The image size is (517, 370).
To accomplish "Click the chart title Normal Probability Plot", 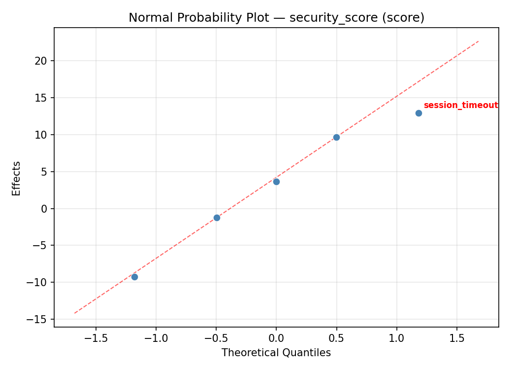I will click(276, 18).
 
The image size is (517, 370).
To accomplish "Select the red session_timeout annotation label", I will click(460, 105).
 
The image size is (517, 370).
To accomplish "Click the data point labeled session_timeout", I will click(419, 113).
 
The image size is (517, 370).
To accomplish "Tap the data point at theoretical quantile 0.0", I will click(276, 182).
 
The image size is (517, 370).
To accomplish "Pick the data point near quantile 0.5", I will click(336, 137).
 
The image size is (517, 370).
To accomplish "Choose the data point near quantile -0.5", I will click(217, 218).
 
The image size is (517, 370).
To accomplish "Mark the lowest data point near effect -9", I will click(134, 277).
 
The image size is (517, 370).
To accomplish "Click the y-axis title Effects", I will click(17, 178).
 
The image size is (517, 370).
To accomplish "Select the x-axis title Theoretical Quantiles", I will click(276, 353).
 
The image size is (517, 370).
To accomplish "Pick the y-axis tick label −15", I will click(39, 319).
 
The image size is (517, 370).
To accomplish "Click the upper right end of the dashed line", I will click(479, 41).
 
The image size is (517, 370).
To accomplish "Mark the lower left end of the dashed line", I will click(74, 313).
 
